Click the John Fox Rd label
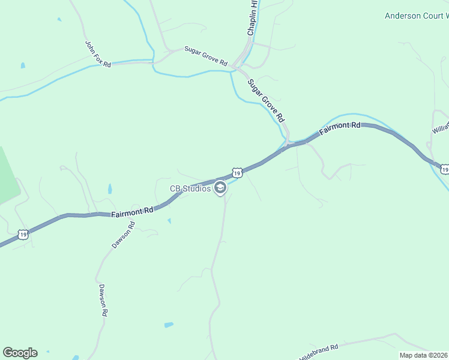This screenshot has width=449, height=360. (x=98, y=54)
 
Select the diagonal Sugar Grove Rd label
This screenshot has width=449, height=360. (x=265, y=100)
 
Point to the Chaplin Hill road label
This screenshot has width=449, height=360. (x=253, y=18)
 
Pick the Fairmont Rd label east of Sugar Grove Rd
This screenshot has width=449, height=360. (x=340, y=128)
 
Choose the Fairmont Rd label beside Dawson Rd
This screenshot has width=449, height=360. (x=132, y=211)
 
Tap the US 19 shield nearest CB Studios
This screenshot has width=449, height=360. (x=237, y=173)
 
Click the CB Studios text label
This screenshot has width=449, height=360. (x=190, y=188)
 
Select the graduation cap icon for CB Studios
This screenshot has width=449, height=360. (x=221, y=188)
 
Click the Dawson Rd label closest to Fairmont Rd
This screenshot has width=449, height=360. (x=124, y=236)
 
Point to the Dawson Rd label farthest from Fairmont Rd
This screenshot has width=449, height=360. (x=103, y=301)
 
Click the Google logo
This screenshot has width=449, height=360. (x=20, y=353)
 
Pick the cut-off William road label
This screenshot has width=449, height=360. (x=440, y=124)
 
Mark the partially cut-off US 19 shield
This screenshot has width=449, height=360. (x=444, y=170)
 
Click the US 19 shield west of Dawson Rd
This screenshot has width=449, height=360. (x=22, y=233)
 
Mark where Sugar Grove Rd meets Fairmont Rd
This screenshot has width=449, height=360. (x=288, y=144)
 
